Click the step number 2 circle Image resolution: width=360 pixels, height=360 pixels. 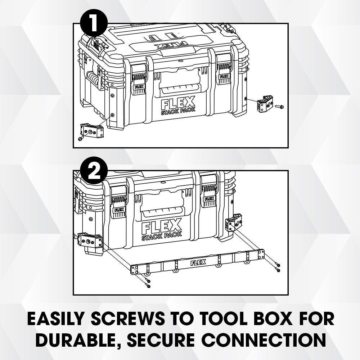coord(94,170)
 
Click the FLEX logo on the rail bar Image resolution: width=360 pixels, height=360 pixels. coord(198,262)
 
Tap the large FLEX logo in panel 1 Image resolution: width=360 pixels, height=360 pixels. coord(178,103)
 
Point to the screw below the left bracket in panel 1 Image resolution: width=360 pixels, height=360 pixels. coord(81,138)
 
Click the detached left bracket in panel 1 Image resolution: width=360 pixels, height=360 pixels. coord(91,130)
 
